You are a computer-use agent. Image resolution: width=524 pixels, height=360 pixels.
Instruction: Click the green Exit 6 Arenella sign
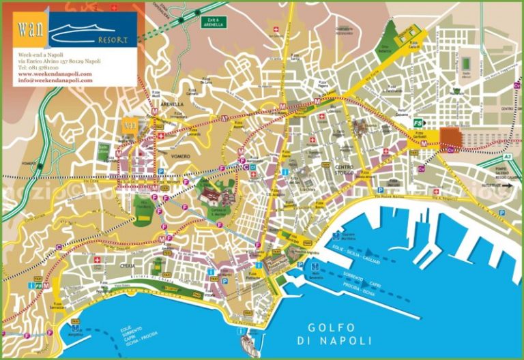pos(213,22)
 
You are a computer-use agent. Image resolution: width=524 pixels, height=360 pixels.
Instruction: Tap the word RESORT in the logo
pos(113,40)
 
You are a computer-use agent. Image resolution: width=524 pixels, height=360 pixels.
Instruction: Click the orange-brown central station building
pos(450,138)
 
